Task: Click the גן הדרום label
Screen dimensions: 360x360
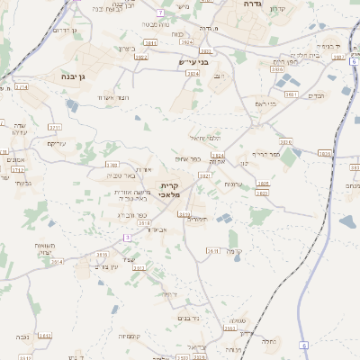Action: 65,31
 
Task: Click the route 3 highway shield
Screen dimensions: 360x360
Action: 127,237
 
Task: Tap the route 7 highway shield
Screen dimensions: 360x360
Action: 159,13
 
